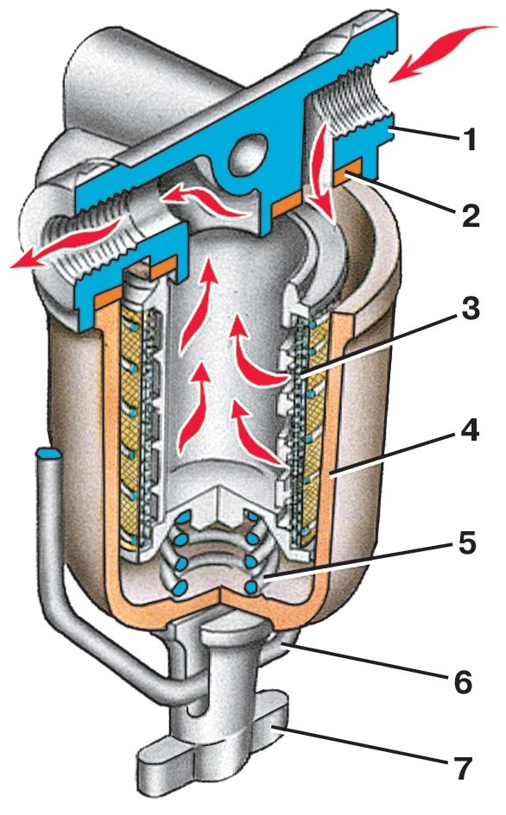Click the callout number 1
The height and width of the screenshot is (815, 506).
[470, 140]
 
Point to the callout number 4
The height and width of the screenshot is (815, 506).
[470, 430]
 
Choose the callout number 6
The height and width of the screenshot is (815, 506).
[462, 681]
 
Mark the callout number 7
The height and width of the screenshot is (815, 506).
[462, 768]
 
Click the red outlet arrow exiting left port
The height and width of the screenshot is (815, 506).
[67, 243]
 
